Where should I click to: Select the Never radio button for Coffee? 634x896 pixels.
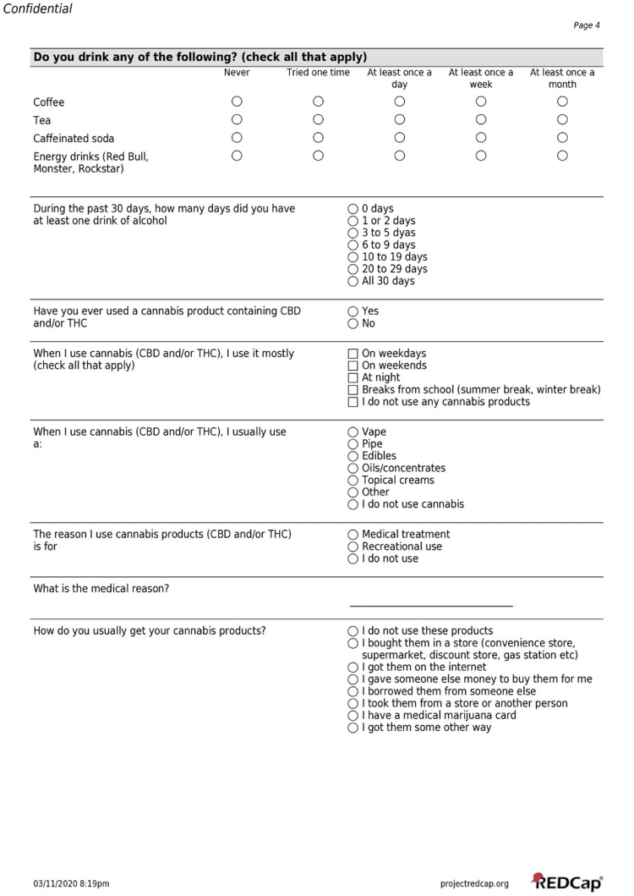pos(237,102)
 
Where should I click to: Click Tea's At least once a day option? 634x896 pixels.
pos(400,119)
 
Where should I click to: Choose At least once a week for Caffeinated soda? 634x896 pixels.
pos(481,137)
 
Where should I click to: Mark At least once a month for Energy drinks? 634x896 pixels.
pos(562,155)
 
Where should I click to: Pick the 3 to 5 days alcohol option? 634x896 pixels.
pos(353,233)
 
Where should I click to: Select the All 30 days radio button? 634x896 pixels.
pos(353,281)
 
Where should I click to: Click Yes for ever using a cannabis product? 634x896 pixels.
pos(353,311)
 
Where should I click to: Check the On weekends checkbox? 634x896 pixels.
pos(353,366)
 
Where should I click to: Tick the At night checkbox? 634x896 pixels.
pos(353,377)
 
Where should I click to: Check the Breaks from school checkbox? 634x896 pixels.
pos(353,390)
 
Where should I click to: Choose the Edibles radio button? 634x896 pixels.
pos(353,456)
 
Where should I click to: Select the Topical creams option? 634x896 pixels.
pos(353,480)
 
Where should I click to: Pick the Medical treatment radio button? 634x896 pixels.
pos(353,535)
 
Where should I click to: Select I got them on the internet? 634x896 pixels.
pos(353,667)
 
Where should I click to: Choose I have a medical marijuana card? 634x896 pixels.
pos(353,715)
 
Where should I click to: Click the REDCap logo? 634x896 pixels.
pos(567,882)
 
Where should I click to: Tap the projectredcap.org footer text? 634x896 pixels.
pos(474,884)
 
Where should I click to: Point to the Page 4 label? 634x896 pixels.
pos(587,25)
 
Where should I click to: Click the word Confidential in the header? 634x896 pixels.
pos(37,8)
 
